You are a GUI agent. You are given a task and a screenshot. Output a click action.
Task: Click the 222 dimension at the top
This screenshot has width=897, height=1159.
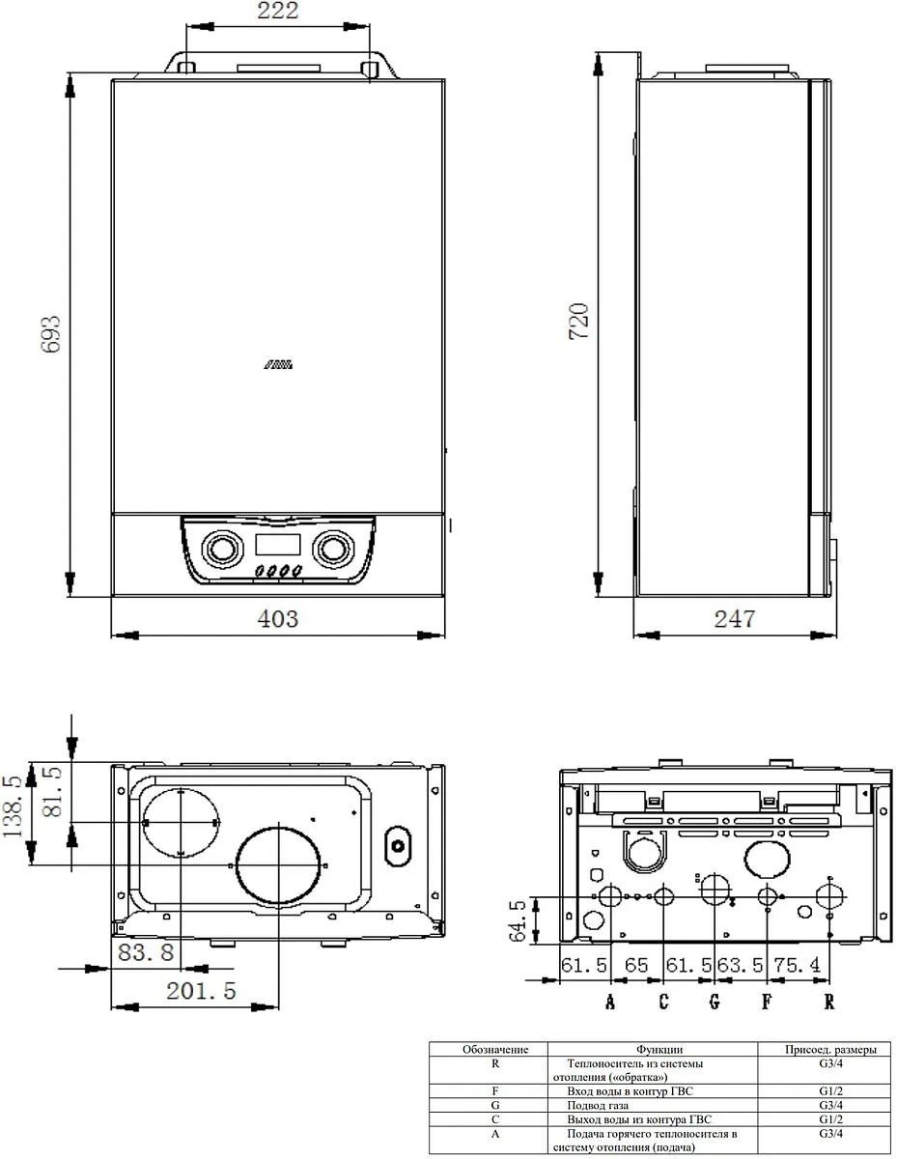click(277, 13)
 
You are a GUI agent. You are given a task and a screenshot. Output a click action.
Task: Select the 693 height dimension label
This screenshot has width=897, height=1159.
click(50, 334)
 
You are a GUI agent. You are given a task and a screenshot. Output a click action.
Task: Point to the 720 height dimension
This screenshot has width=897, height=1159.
click(578, 322)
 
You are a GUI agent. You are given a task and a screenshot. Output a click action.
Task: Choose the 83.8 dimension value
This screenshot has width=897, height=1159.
click(146, 953)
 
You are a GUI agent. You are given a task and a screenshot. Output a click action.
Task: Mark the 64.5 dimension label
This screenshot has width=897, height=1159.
click(518, 921)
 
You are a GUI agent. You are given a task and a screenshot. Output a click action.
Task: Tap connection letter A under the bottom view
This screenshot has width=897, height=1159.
click(609, 1002)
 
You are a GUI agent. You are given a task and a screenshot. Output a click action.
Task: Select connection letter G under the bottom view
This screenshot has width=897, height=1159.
click(714, 1002)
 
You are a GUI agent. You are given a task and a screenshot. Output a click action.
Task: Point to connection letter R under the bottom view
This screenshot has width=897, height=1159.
click(829, 1002)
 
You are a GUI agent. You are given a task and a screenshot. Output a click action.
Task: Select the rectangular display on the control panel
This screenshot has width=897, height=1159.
click(280, 545)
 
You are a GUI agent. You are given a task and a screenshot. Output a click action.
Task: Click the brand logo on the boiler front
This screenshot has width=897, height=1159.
click(280, 365)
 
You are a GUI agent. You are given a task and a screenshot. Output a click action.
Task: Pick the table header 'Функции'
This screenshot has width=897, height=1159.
click(659, 1049)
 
